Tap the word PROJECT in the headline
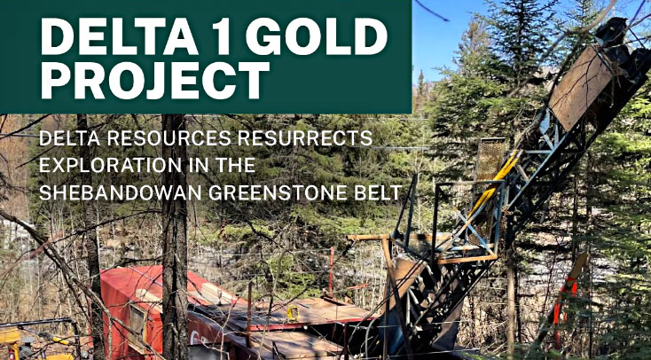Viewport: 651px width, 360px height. (155, 80)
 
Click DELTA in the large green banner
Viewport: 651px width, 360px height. (117, 36)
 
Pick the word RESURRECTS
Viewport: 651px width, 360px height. (302, 138)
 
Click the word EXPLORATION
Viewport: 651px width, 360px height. (110, 165)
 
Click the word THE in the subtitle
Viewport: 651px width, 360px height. (235, 165)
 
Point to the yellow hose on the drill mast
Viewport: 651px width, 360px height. (495, 182)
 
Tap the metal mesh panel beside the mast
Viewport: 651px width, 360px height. (490, 166)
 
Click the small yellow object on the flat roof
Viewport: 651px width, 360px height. (293, 312)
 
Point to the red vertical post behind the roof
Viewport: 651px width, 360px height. (332, 270)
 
